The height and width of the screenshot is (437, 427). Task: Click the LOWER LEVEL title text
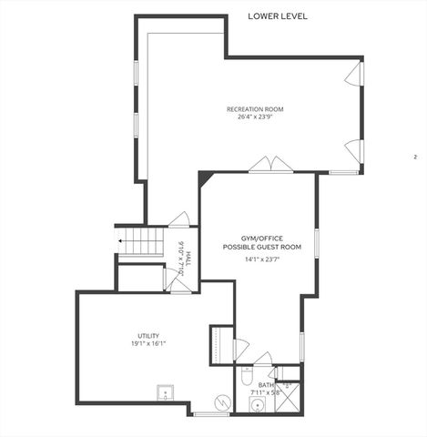pyautogui.click(x=278, y=16)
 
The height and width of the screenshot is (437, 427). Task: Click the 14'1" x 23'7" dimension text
pyautogui.click(x=261, y=259)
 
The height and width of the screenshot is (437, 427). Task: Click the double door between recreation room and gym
pyautogui.click(x=271, y=165)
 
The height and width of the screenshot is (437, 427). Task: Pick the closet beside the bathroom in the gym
pyautogui.click(x=220, y=344)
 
